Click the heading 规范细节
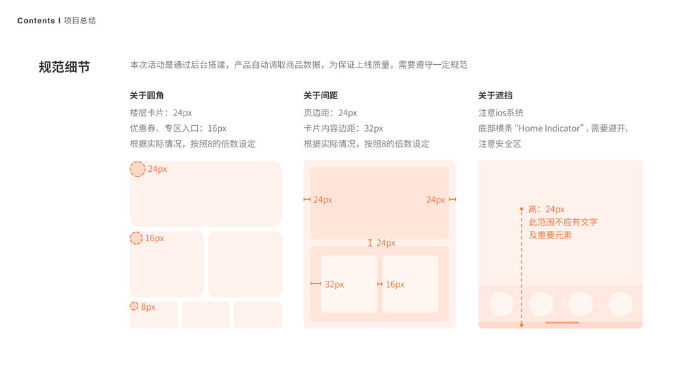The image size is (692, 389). [x=64, y=67]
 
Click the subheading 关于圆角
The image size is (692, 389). [x=147, y=95]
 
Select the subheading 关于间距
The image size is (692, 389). [x=320, y=95]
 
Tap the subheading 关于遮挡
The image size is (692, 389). [x=495, y=95]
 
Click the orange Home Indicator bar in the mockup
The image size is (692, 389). [x=562, y=322]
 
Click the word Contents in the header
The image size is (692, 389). [x=36, y=21]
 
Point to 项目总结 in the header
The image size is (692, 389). [x=80, y=21]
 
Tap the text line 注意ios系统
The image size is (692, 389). [x=501, y=113]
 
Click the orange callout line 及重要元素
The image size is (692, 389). [x=550, y=235]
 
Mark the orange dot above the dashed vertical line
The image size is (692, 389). [x=521, y=209]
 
